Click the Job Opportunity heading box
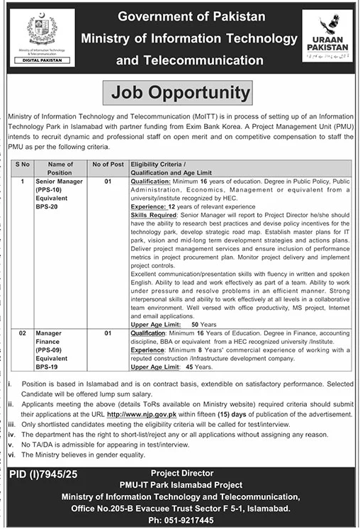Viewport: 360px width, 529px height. coord(180,92)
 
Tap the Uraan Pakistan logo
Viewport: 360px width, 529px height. coord(326,36)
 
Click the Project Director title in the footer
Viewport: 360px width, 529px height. coord(180,472)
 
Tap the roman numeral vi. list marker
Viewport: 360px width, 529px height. coord(12,454)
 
